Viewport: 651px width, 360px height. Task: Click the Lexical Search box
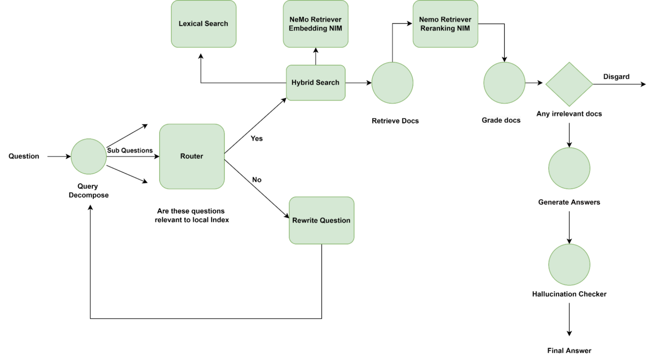[x=203, y=24]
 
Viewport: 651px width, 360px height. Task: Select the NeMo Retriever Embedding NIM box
[x=316, y=24]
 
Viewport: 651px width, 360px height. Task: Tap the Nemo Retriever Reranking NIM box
[x=445, y=24]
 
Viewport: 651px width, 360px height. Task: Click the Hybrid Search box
[x=316, y=83]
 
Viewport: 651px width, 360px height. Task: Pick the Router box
[x=192, y=156]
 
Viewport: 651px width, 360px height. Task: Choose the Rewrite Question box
[x=321, y=220]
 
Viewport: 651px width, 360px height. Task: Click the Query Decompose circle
[x=89, y=156]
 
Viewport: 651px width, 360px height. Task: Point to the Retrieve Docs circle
[x=392, y=83]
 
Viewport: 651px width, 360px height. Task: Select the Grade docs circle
[x=504, y=83]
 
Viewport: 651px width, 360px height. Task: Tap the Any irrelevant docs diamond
[x=569, y=84]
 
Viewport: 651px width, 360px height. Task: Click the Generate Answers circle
[x=569, y=169]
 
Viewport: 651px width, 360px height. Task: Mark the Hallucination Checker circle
[x=569, y=264]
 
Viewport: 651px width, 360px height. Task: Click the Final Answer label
[x=569, y=351]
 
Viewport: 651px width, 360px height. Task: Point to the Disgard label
[x=616, y=77]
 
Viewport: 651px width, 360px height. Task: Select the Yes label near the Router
[x=256, y=138]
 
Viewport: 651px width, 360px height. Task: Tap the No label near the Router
[x=256, y=180]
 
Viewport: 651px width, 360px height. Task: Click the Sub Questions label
[x=130, y=150]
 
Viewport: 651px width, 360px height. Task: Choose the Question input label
[x=24, y=156]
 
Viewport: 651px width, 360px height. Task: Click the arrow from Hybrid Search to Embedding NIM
[x=316, y=56]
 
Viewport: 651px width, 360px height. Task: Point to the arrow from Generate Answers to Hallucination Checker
[x=569, y=227]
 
